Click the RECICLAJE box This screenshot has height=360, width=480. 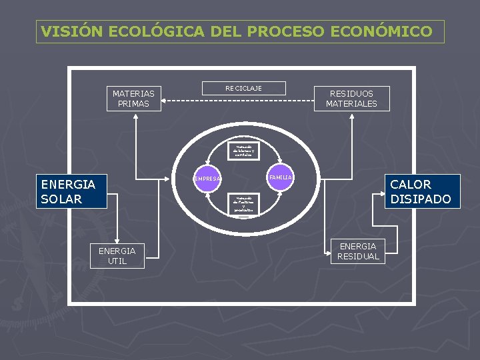[243, 88]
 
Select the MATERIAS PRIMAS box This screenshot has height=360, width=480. [133, 99]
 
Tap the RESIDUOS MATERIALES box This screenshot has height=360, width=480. [351, 99]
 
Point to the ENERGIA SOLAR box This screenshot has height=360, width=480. [71, 191]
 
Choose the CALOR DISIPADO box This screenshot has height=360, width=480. [422, 191]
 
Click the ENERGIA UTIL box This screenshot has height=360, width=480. [117, 256]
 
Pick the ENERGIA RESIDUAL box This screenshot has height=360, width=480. [358, 251]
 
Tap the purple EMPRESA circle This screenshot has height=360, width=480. [207, 179]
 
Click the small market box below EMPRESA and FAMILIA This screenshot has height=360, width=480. [243, 205]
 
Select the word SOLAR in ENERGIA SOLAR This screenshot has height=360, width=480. [61, 199]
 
